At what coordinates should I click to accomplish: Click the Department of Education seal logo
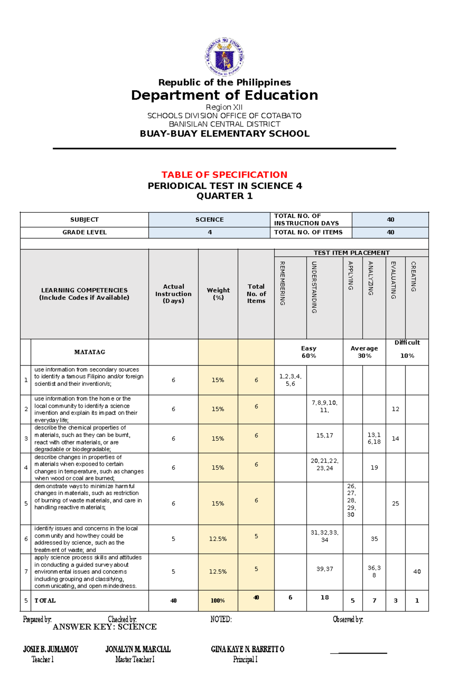coord(224,57)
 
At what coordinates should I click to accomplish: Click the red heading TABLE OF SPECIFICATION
coord(224,175)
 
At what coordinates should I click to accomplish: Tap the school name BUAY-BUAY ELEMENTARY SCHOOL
coord(224,134)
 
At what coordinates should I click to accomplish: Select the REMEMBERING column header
coord(282,283)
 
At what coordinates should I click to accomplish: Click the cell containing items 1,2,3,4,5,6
coord(290,380)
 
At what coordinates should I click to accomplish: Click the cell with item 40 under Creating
coord(417,572)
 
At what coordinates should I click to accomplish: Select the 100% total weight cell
coord(218,600)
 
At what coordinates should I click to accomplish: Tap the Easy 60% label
coord(309,352)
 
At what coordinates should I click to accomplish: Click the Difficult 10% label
coord(407,349)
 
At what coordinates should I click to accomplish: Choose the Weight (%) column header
coord(218,293)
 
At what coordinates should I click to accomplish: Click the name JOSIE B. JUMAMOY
coord(51,649)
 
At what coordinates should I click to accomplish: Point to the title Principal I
coord(245,659)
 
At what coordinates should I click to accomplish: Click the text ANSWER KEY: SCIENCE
coord(105,627)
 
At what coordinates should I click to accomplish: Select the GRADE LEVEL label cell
coord(84,232)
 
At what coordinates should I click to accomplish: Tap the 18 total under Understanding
coord(324,597)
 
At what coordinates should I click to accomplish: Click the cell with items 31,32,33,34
coord(324,536)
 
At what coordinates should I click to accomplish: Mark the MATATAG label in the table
coord(90,352)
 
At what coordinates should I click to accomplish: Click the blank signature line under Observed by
coord(358,653)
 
